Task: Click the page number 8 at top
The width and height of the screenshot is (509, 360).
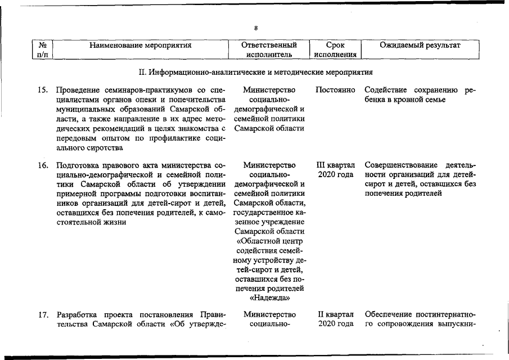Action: tap(256, 29)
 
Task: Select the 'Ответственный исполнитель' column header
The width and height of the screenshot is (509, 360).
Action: tap(268, 49)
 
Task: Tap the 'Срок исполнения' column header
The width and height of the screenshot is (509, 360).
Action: tap(335, 49)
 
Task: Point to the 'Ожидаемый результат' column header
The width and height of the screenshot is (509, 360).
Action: tap(420, 45)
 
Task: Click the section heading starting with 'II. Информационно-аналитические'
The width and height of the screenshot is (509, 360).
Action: tap(255, 73)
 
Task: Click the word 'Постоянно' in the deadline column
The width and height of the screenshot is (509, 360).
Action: tap(336, 90)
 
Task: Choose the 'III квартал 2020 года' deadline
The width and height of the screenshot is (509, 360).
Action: tap(336, 170)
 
